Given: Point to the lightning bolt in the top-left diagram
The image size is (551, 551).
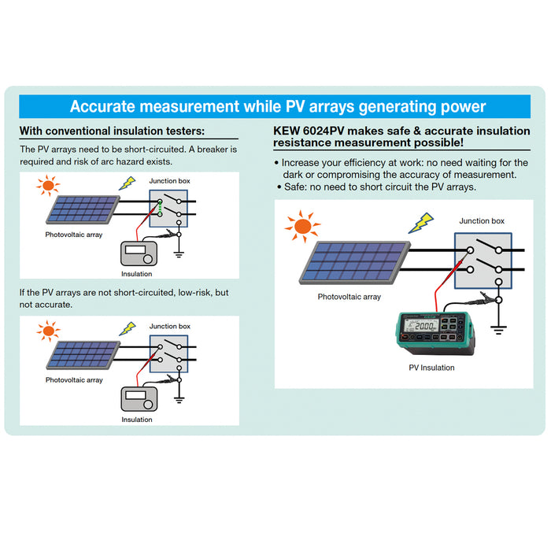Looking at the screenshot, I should tap(126, 183).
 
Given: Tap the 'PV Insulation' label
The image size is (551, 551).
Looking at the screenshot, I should tap(431, 368).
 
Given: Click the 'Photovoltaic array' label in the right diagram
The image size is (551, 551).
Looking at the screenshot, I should tap(349, 297).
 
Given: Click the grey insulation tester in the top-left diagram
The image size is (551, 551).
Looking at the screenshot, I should tap(141, 255).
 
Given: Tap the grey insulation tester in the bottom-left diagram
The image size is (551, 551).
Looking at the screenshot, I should tap(141, 400).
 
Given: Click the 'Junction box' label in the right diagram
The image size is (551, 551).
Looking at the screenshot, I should tap(482, 221).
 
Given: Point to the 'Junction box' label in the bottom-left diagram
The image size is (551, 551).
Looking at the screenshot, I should tap(170, 326).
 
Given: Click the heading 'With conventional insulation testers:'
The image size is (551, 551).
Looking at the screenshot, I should tap(112, 131).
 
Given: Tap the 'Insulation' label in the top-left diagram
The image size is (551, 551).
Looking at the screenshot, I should tap(137, 275).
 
